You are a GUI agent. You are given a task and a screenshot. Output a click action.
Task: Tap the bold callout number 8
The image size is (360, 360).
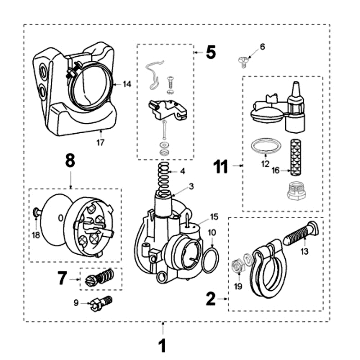coord(70,161)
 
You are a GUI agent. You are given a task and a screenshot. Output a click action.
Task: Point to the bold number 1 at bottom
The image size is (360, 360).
coord(162,346)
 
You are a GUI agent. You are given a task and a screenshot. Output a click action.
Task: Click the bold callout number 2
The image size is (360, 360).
coord(211,298)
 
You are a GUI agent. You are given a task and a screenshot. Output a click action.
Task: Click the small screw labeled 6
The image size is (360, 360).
coord(242,62)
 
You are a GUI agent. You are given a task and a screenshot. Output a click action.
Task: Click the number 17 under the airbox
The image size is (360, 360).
coord(100,143)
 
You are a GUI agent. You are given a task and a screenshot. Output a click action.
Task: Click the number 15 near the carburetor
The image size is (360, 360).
coord(214,217)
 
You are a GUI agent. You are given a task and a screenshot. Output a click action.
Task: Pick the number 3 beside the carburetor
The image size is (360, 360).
coord(191,185)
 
